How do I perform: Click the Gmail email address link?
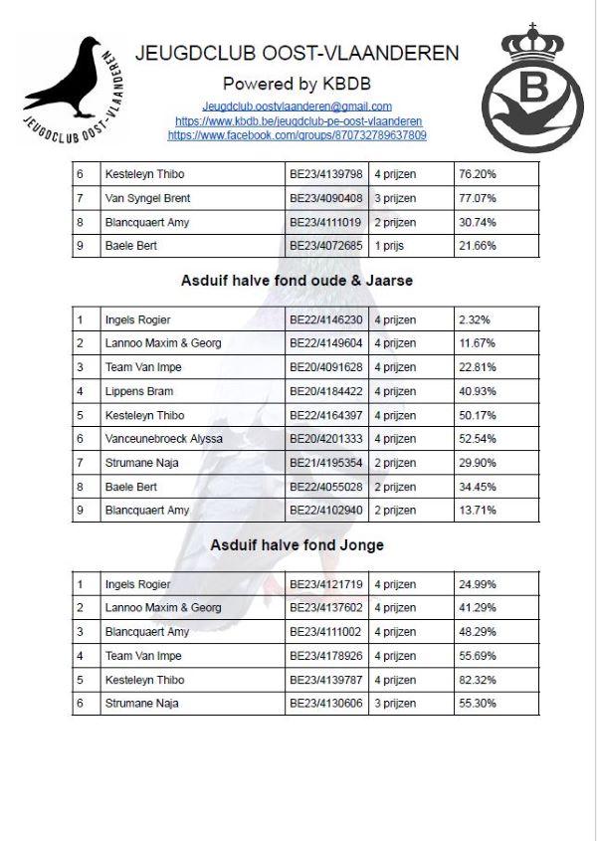tap(297, 105)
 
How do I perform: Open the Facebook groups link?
tap(297, 135)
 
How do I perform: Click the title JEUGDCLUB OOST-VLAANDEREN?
tap(297, 53)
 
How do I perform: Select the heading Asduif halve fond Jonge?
tap(297, 545)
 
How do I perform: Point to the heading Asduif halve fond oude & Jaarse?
tap(297, 281)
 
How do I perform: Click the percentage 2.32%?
tap(475, 319)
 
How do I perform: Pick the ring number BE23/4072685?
tap(326, 246)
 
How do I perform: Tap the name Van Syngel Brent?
tap(147, 198)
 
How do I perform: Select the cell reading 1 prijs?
tap(392, 246)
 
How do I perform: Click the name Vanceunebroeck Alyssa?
tap(163, 439)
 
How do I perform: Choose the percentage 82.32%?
tap(478, 680)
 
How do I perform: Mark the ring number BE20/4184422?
tap(326, 391)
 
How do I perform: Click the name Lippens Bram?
tap(138, 391)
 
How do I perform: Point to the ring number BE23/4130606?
tap(326, 704)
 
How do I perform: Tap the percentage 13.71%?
tap(478, 511)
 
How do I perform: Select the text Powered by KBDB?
tap(297, 83)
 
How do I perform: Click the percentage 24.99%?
tap(478, 584)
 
